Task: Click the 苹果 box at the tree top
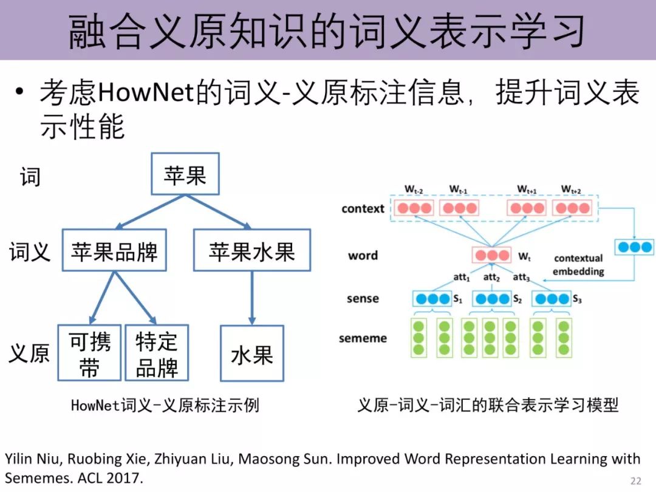coord(185,174)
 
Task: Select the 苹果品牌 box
coord(114,250)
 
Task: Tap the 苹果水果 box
coord(251,250)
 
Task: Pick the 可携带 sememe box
coord(89,353)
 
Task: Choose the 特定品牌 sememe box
coord(157,353)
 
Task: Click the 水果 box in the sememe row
coord(251,354)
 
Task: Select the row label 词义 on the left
coord(29,251)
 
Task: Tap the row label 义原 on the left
coord(29,353)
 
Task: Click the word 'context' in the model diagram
coord(363,209)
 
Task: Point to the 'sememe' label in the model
coord(363,338)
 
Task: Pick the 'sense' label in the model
coord(363,298)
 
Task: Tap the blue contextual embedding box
coord(634,247)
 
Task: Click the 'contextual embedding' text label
coord(578,265)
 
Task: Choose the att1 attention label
coord(462,278)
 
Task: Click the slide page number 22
coord(635,481)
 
